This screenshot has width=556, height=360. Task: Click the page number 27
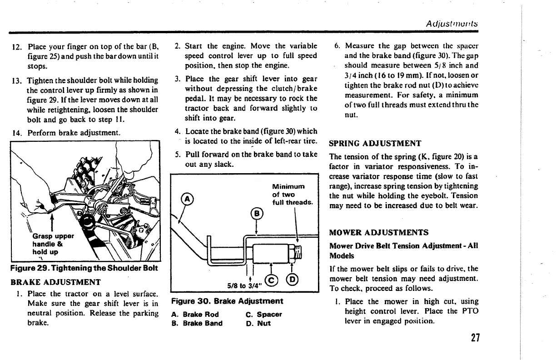(475, 338)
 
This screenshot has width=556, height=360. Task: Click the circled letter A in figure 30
(185, 198)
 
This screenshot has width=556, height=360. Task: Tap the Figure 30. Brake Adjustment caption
(227, 301)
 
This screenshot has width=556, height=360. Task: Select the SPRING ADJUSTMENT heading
(375, 144)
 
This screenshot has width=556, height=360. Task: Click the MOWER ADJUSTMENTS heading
(378, 233)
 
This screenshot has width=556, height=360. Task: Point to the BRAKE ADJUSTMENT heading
(55, 282)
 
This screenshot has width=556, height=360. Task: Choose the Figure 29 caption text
(84, 268)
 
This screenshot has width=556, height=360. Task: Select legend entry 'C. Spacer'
(263, 314)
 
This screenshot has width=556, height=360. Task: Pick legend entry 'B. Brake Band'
(197, 324)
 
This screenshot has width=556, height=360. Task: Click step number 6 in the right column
(338, 46)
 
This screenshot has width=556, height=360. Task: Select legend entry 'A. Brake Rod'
(195, 314)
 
